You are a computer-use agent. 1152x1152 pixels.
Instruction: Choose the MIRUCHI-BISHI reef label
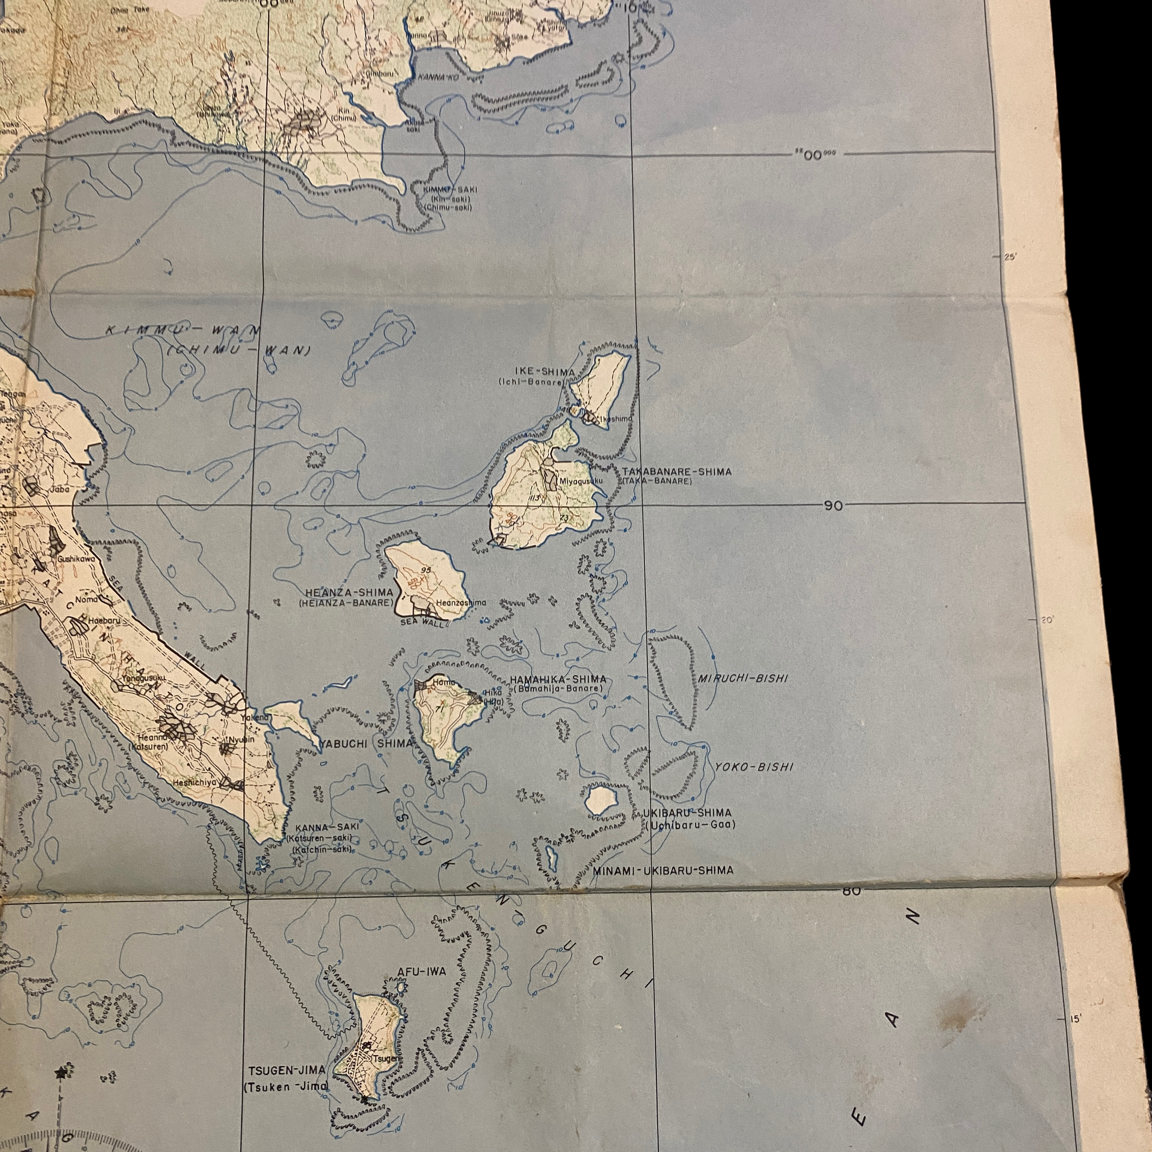[x=742, y=679]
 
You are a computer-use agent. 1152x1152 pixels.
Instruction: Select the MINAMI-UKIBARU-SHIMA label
[x=663, y=870]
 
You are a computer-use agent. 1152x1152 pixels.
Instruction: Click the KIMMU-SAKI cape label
[x=450, y=189]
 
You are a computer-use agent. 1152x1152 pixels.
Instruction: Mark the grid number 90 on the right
[x=834, y=506]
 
